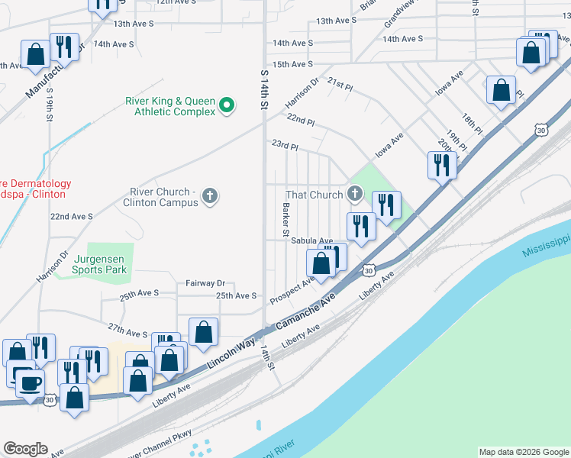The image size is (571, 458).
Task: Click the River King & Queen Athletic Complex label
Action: [x=171, y=106]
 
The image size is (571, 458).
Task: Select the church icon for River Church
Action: [x=210, y=197]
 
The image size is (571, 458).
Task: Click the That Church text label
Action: [x=315, y=195]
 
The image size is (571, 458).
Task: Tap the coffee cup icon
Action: [x=29, y=382]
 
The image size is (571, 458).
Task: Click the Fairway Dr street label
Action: [x=205, y=282]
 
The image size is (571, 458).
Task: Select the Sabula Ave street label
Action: [x=311, y=240]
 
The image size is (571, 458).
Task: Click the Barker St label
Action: [x=286, y=218]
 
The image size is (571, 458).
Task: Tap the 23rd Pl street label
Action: [x=285, y=144]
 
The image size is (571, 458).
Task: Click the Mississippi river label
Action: [x=547, y=246]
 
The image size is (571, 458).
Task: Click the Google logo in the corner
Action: [x=25, y=448]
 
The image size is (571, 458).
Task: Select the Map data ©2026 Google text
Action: [x=523, y=452]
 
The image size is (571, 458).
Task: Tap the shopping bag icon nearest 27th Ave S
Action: [x=203, y=333]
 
